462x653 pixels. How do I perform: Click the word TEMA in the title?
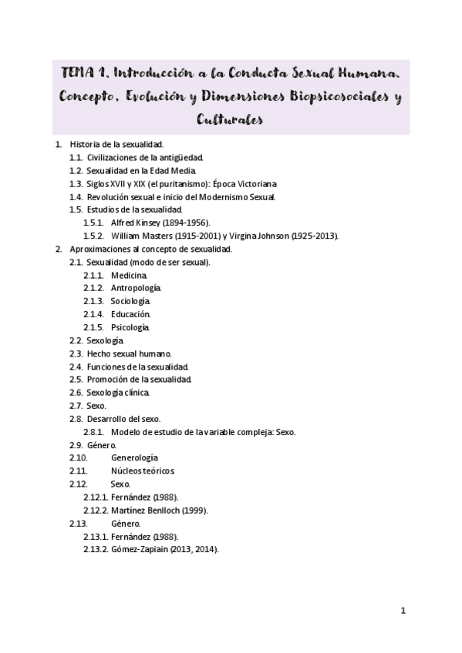pyautogui.click(x=79, y=74)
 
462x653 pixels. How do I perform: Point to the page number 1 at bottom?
pyautogui.click(x=403, y=611)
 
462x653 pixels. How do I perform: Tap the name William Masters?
pyautogui.click(x=139, y=236)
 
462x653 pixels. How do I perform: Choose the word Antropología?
pyautogui.click(x=135, y=288)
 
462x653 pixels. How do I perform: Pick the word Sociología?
pyautogui.click(x=130, y=301)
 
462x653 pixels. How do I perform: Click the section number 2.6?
pyautogui.click(x=76, y=393)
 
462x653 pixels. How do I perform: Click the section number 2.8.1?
pyautogui.click(x=93, y=432)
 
